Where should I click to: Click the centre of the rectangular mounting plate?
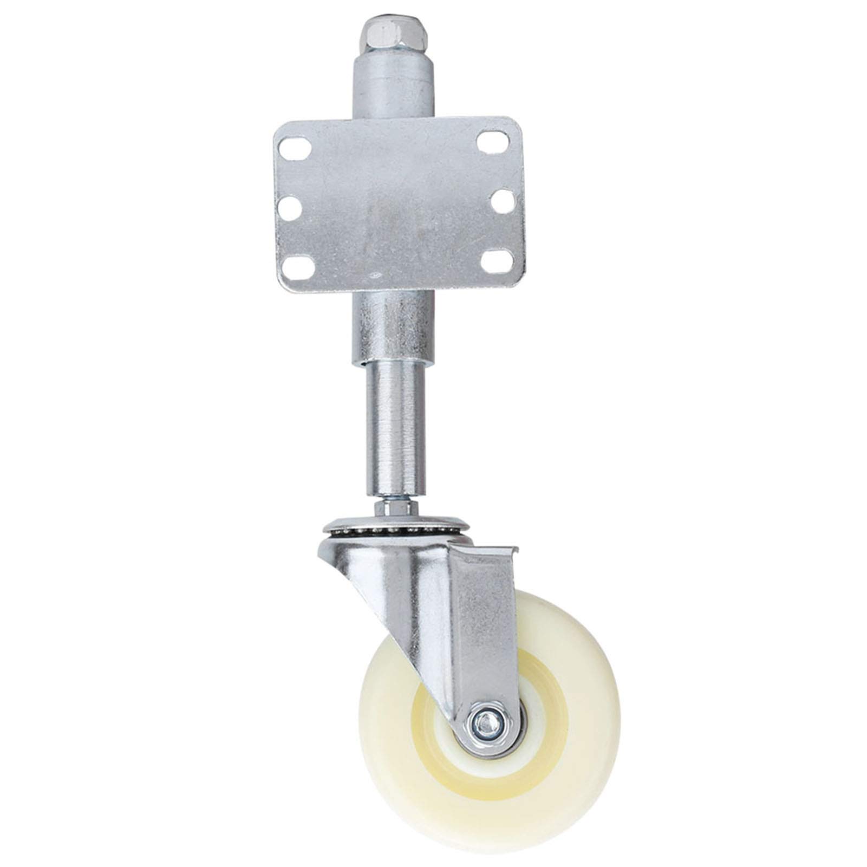coord(400,203)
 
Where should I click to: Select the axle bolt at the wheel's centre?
coord(487,720)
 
